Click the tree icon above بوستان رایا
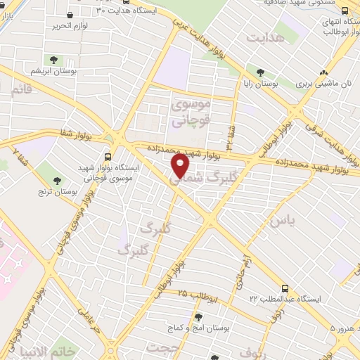coord(261,72)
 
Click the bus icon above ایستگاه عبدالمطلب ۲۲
coord(285,288)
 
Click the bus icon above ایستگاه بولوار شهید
coord(108,157)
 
